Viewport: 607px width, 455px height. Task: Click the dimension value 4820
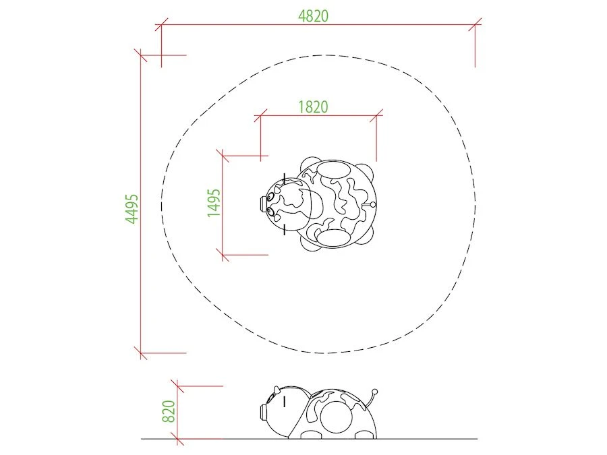313,16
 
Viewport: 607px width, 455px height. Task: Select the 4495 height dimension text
132,209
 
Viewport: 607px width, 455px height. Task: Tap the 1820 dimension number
313,107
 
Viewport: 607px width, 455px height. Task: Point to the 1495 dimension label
214,203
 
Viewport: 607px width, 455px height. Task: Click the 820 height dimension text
169,411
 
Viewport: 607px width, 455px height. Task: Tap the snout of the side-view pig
264,413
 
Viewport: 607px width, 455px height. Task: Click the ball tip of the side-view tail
374,392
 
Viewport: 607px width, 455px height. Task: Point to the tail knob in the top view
373,204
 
